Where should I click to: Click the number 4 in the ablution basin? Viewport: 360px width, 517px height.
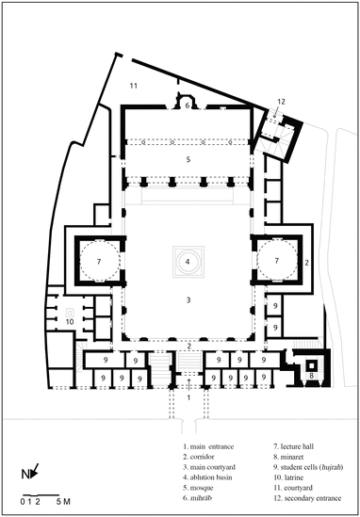click(188, 262)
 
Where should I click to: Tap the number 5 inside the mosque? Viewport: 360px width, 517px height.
click(188, 159)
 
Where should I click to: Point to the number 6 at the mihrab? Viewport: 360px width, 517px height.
click(188, 105)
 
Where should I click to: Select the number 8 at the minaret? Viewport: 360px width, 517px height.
click(311, 376)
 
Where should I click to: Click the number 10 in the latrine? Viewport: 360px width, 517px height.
click(70, 321)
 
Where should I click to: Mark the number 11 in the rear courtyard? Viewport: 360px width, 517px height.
click(133, 86)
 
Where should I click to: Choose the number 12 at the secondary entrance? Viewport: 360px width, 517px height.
click(281, 102)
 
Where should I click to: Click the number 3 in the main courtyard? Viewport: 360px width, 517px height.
click(188, 300)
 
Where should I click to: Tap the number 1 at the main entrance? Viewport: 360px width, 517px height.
click(188, 397)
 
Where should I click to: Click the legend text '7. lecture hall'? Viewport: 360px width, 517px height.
click(294, 446)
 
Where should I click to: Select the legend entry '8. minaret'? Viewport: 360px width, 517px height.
click(288, 457)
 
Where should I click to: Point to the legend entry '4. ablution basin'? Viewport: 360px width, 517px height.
click(207, 477)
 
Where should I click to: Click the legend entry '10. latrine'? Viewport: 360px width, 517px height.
click(288, 477)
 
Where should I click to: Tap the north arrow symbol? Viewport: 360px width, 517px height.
click(35, 470)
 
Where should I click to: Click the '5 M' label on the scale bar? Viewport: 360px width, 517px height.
click(63, 502)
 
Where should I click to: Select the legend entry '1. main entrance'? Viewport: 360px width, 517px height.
click(208, 446)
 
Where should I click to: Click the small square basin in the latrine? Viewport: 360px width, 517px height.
click(70, 313)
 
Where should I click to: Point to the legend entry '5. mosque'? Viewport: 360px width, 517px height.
click(198, 488)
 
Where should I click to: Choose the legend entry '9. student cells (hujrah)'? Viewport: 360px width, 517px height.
click(308, 467)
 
